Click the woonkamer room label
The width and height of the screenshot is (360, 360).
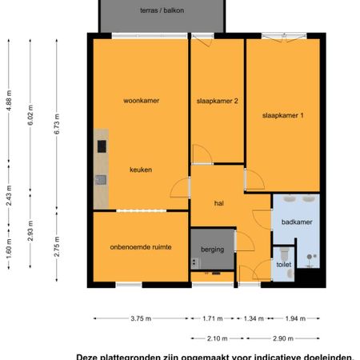[141, 102]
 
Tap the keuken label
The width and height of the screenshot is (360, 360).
[141, 170]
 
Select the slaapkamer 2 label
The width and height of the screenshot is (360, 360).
[218, 102]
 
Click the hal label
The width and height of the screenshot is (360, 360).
[218, 203]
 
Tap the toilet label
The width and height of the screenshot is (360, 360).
[284, 262]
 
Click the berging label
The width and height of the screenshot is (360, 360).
[212, 250]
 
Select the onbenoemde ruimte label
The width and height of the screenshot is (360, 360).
[141, 246]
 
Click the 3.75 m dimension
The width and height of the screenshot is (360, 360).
[141, 318]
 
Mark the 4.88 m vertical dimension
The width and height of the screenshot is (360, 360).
[9, 106]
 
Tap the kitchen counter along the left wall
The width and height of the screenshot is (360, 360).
[101, 164]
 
